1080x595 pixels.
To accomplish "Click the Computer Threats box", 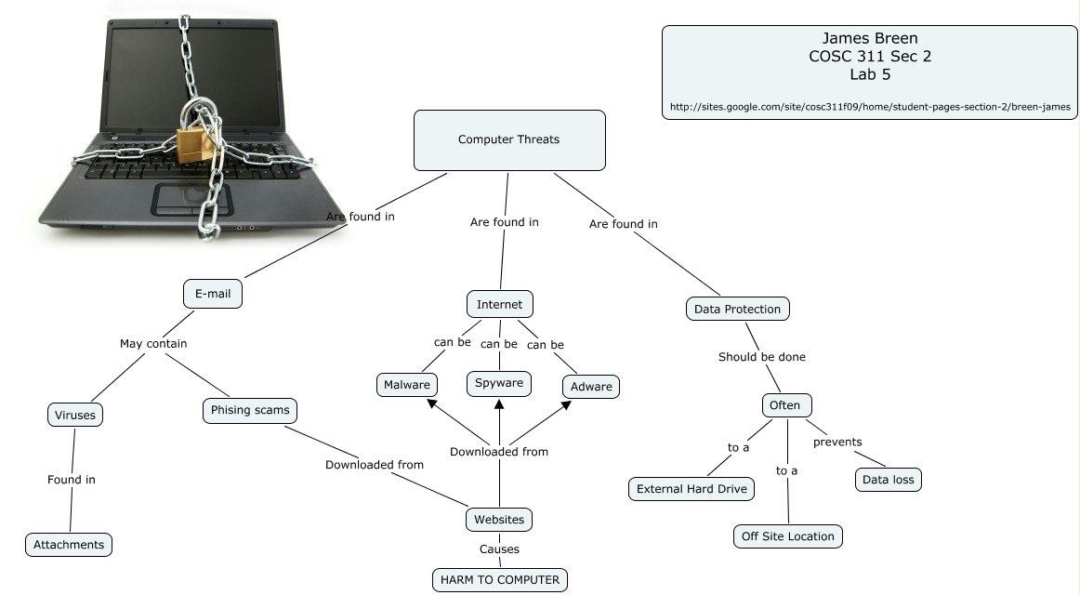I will coord(508,140).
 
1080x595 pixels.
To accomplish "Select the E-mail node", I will coord(213,295).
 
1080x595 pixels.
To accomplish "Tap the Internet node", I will coord(499,304).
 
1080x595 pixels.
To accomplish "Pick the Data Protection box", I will coord(738,309).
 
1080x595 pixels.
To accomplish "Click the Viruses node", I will coord(75,415).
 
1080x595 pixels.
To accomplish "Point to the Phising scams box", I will coord(250,410).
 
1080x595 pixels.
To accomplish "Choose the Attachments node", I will coord(69,544).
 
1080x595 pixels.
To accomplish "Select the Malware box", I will coord(407,385).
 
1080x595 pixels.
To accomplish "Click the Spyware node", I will coord(499,383).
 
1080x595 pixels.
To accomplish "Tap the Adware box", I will coord(591,386).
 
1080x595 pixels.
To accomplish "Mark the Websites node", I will coord(499,520).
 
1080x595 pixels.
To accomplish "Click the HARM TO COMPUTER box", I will coord(500,580).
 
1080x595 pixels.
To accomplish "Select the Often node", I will coord(786,405).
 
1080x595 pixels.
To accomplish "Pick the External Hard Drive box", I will coord(691,489).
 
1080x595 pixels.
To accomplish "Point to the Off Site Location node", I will coord(788,536).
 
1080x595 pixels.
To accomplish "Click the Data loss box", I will coord(889,480).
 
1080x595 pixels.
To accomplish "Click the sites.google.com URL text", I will coord(869,107).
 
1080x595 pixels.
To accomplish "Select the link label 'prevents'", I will coord(837,442).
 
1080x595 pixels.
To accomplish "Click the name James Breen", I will coord(869,38).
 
